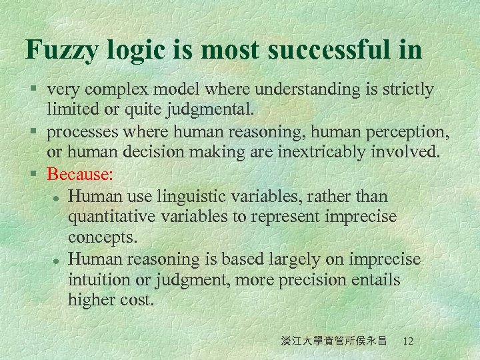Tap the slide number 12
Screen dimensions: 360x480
point(408,341)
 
